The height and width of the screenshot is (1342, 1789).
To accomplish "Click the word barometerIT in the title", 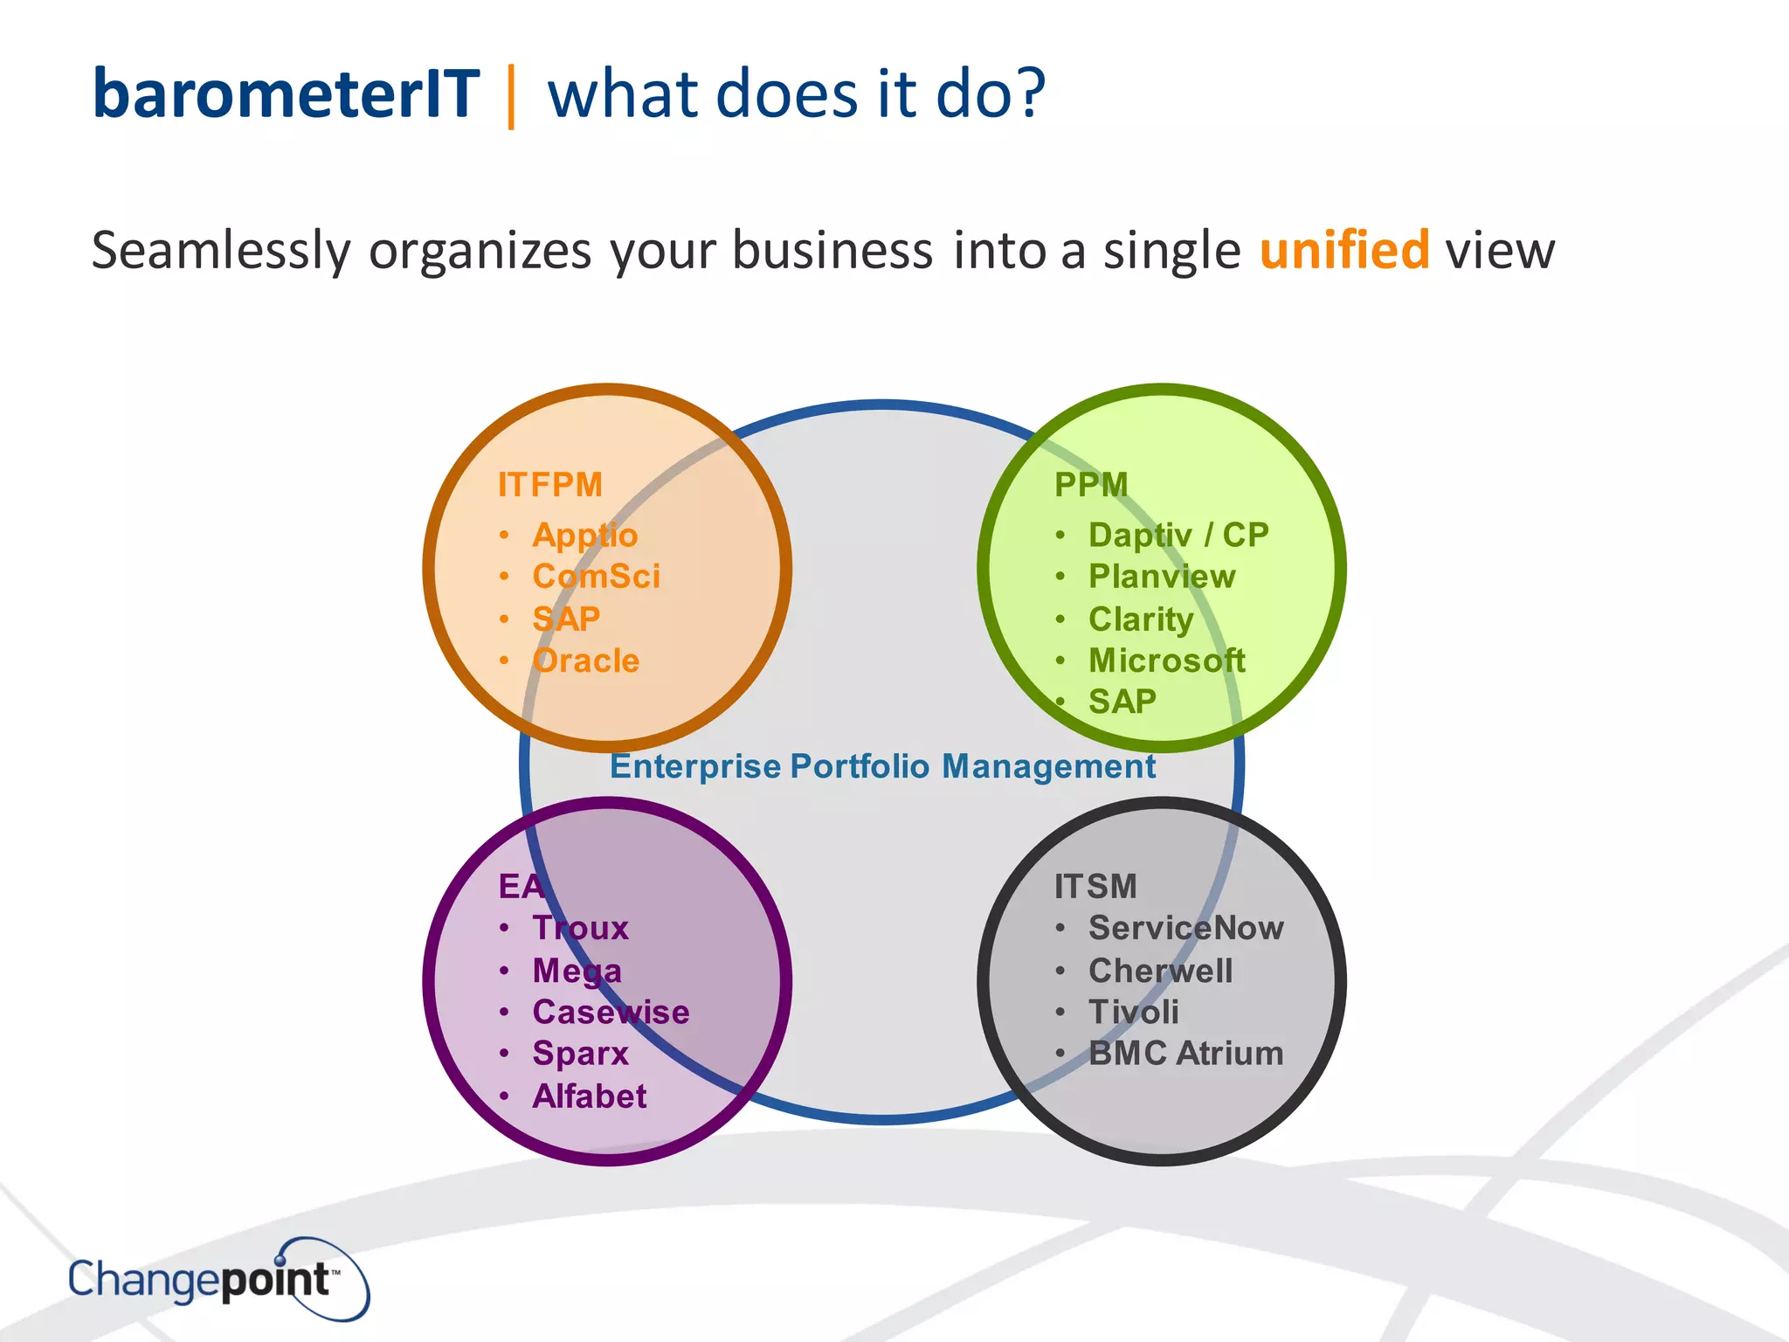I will [x=286, y=94].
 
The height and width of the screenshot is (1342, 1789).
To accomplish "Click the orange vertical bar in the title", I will [x=511, y=96].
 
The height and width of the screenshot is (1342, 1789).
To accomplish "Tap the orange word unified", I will [x=1343, y=251].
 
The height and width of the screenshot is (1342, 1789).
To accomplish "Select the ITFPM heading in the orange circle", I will [x=549, y=485].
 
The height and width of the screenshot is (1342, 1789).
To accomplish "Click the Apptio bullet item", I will [x=584, y=536].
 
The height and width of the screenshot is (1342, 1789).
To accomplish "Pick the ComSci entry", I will [x=596, y=577].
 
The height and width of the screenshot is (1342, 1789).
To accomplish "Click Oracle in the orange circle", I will [x=585, y=661].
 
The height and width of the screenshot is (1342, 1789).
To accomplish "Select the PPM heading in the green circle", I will [x=1090, y=485].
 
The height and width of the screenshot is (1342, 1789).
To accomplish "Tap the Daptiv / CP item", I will [x=1178, y=535].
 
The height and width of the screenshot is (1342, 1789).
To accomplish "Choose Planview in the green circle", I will [x=1161, y=577].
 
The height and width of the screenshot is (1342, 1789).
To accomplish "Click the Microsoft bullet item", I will [x=1166, y=661].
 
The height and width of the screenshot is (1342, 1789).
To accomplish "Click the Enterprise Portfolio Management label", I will [x=882, y=766].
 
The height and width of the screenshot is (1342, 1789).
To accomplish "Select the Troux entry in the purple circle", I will [x=580, y=928].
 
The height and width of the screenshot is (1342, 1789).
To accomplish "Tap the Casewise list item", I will [x=611, y=1012].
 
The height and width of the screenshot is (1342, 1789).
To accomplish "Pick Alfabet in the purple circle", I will [x=589, y=1096].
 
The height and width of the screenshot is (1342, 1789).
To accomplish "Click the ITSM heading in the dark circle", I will [x=1095, y=887].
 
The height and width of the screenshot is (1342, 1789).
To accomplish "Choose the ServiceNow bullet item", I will [x=1185, y=928].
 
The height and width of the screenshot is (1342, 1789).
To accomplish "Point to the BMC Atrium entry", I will [x=1185, y=1054].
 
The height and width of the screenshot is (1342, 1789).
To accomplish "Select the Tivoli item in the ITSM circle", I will [x=1133, y=1012].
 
